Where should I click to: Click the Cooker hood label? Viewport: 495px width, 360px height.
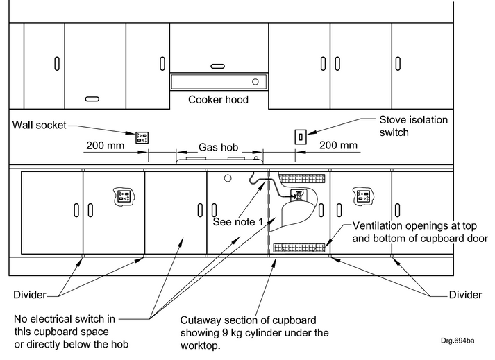pyautogui.click(x=218, y=100)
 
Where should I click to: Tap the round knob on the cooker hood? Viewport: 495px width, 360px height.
pyautogui.click(x=255, y=82)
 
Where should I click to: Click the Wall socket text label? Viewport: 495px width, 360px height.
pyautogui.click(x=41, y=126)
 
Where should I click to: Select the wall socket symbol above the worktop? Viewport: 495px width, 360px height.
pyautogui.click(x=142, y=136)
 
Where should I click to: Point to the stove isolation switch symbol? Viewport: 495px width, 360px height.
pyautogui.click(x=301, y=136)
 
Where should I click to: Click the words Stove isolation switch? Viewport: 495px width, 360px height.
pyautogui.click(x=413, y=126)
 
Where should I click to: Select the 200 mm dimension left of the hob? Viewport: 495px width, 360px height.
pyautogui.click(x=106, y=146)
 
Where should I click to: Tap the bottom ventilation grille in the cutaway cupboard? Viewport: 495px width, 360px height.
pyautogui.click(x=299, y=246)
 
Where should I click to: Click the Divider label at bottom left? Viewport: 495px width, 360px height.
pyautogui.click(x=30, y=295)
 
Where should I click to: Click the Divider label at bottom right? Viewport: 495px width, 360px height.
pyautogui.click(x=464, y=295)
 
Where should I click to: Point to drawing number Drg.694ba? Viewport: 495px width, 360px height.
pyautogui.click(x=457, y=341)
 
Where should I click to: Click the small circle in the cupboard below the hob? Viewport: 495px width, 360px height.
pyautogui.click(x=227, y=178)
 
